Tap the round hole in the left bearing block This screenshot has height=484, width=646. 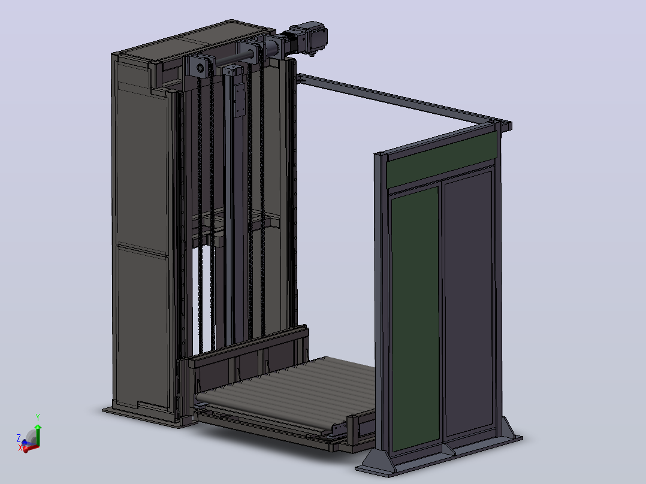tap(201, 68)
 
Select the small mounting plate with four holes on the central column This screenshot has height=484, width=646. tap(239, 99)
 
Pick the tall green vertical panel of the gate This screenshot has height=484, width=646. tap(415, 319)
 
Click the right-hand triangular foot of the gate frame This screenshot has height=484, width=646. tap(511, 431)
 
